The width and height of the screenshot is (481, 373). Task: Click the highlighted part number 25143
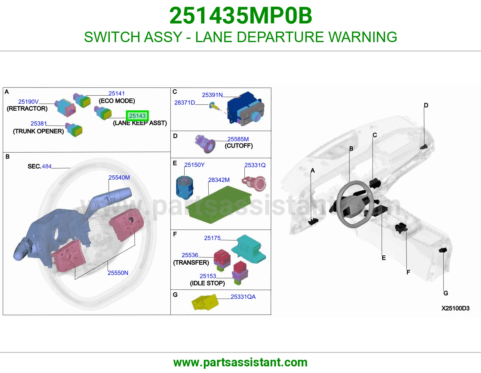[x=137, y=116]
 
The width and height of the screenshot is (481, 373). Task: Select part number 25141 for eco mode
[x=116, y=94]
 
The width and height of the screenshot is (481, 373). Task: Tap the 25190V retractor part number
[x=28, y=102]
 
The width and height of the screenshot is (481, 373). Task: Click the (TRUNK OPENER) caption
[x=38, y=131]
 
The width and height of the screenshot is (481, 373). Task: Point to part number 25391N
[x=212, y=95]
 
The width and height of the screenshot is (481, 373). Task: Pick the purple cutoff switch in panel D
[x=205, y=144]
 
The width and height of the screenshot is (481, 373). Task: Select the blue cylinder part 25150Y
[x=184, y=187]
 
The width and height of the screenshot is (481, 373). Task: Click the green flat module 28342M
[x=218, y=205]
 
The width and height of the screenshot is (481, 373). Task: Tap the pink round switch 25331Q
[x=255, y=183]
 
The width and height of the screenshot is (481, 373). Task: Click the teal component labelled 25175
[x=248, y=249]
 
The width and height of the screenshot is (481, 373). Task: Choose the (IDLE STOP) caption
[x=207, y=283]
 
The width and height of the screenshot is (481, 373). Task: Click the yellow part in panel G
[x=205, y=302]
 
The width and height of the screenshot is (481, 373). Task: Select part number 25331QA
[x=243, y=297]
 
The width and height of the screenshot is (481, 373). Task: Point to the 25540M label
[x=119, y=178]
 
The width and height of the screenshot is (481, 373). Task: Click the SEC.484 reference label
[x=39, y=166]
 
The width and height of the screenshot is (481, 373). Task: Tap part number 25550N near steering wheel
[x=118, y=273]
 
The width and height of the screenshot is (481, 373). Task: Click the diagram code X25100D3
[x=455, y=308]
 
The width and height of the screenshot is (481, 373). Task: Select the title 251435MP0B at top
[x=240, y=16]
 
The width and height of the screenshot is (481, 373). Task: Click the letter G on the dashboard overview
[x=446, y=293]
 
